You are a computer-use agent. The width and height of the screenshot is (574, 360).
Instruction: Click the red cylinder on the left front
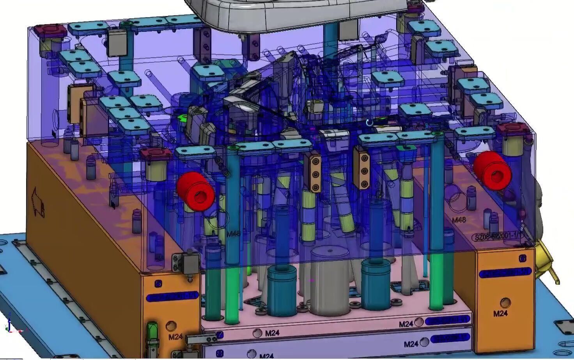click(x=196, y=191)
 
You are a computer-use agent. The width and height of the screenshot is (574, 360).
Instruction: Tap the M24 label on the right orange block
click(x=500, y=313)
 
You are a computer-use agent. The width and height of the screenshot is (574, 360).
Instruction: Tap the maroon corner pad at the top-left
click(x=50, y=31)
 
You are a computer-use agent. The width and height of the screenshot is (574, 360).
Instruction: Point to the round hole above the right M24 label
click(x=505, y=302)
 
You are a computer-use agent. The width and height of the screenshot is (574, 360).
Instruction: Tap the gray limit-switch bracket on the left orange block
click(x=186, y=262)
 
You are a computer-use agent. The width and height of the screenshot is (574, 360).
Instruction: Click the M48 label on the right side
click(x=459, y=220)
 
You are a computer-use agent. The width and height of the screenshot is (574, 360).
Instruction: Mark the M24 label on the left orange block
click(x=175, y=337)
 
